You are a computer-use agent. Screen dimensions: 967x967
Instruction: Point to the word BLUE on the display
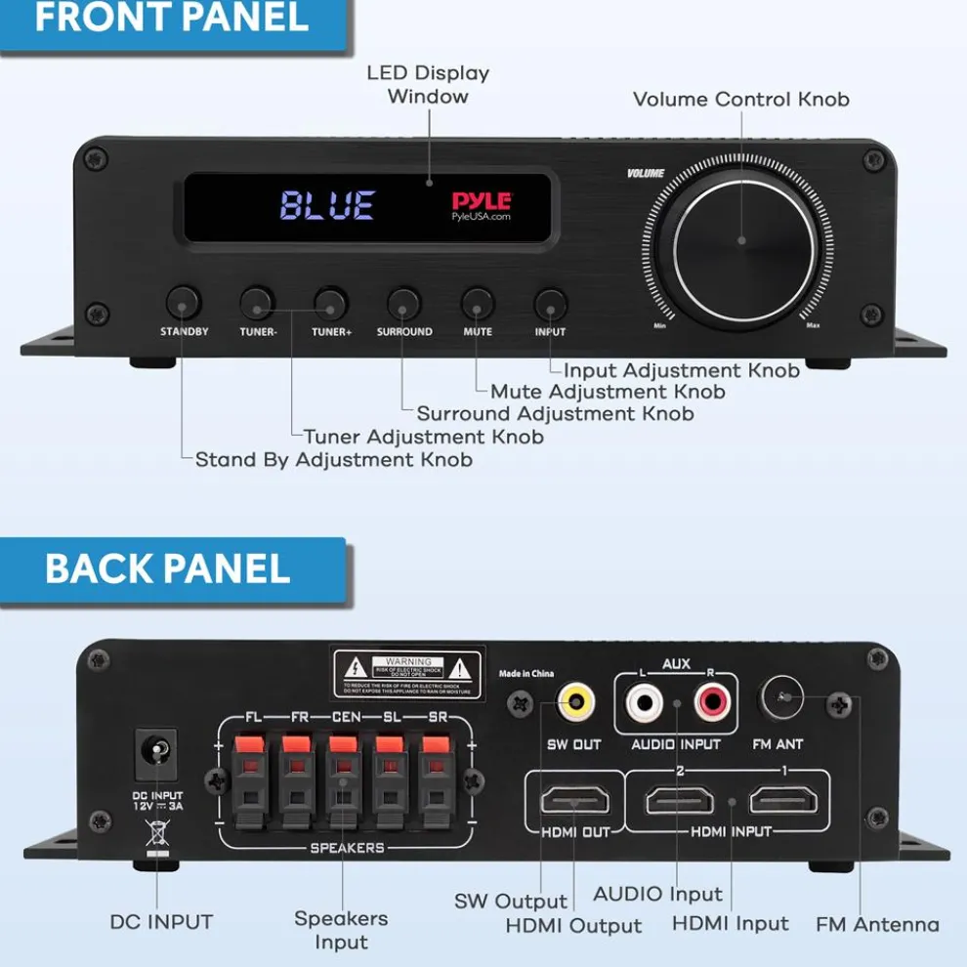pos(327,205)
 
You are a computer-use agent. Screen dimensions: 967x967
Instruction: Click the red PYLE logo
pos(481,201)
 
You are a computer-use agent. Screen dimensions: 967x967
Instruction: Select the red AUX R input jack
pos(709,701)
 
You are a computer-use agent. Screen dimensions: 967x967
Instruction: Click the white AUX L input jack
pos(645,701)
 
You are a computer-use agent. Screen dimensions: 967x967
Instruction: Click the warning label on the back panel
pos(407,674)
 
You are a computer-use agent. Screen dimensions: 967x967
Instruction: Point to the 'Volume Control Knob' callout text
pos(740,100)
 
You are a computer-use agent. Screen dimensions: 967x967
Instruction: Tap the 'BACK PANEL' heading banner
pos(168,568)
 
